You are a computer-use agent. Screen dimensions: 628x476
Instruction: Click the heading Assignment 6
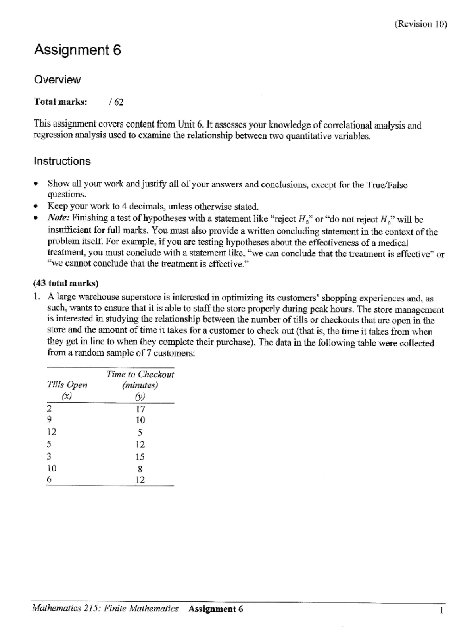point(77,50)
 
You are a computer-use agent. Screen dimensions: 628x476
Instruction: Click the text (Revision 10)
point(420,25)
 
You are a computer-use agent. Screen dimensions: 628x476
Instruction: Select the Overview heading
point(57,80)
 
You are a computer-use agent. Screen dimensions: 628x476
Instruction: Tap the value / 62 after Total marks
point(116,102)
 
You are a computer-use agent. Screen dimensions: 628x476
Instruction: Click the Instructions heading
point(62,161)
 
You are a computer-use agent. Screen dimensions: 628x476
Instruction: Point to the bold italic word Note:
point(58,218)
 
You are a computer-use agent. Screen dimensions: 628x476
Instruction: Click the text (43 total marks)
point(66,283)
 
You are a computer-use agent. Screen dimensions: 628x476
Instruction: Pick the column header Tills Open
point(67,385)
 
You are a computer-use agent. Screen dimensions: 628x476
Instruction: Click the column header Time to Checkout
point(140,374)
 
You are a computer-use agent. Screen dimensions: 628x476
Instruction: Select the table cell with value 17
point(140,409)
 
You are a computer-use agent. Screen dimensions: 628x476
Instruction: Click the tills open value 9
point(49,420)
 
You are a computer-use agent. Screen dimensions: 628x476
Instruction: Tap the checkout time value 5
point(140,432)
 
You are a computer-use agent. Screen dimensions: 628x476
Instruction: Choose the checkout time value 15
point(140,457)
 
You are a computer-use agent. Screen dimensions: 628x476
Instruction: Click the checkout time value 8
point(140,469)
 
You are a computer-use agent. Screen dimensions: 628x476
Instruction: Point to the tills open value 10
point(52,468)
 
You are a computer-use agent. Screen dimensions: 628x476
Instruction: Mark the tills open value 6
point(49,479)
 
